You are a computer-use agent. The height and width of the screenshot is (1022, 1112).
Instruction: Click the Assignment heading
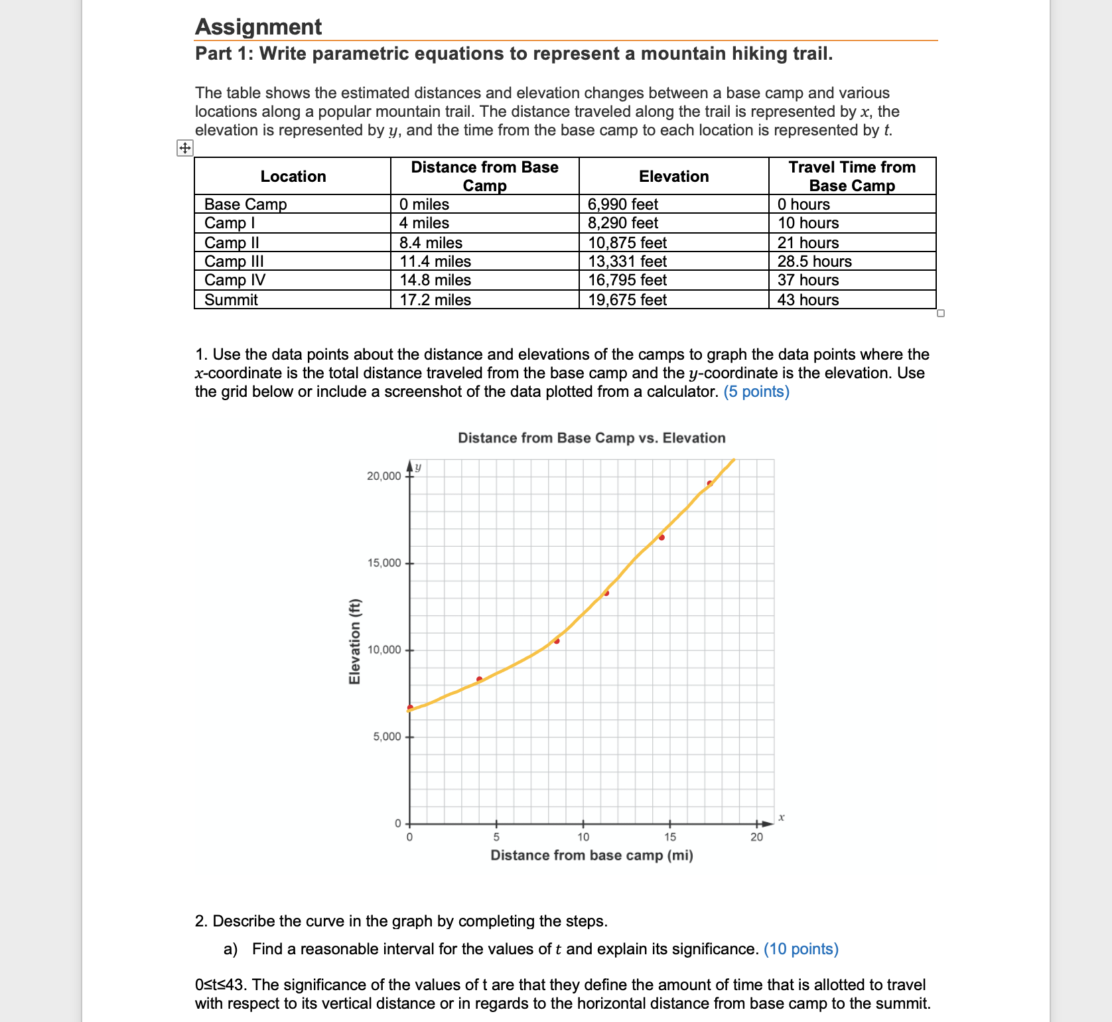coord(258,27)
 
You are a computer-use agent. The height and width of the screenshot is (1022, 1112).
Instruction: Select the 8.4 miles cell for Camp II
coord(431,243)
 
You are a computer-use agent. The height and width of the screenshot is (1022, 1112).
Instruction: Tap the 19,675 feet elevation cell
coord(627,300)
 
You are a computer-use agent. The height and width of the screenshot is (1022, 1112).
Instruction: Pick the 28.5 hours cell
coord(814,261)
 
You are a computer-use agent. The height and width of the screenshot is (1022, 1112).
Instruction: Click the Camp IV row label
coord(235,280)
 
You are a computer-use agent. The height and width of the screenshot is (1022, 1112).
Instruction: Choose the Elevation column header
coord(673,177)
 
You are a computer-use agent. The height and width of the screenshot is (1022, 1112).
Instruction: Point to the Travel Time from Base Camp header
coord(852,177)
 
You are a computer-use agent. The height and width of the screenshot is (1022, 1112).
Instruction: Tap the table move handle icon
coord(184,148)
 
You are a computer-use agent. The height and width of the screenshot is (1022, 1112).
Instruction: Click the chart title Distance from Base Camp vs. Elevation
coord(591,438)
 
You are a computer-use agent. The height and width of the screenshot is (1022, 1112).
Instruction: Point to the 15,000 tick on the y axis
coord(384,563)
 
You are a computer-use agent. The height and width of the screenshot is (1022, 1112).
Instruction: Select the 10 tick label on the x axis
coord(583,838)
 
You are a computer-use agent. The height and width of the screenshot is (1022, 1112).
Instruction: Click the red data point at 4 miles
coord(479,679)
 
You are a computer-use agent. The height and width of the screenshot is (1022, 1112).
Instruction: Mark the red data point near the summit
coord(709,483)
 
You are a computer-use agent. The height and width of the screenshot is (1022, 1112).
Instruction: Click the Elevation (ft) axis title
coord(355,641)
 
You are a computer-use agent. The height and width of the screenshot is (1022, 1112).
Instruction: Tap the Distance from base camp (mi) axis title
coord(591,855)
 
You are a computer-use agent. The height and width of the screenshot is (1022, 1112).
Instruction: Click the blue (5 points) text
coord(756,392)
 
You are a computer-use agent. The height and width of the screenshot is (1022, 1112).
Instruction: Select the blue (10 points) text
coord(801,949)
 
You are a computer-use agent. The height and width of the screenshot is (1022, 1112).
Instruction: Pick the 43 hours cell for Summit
coord(807,300)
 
